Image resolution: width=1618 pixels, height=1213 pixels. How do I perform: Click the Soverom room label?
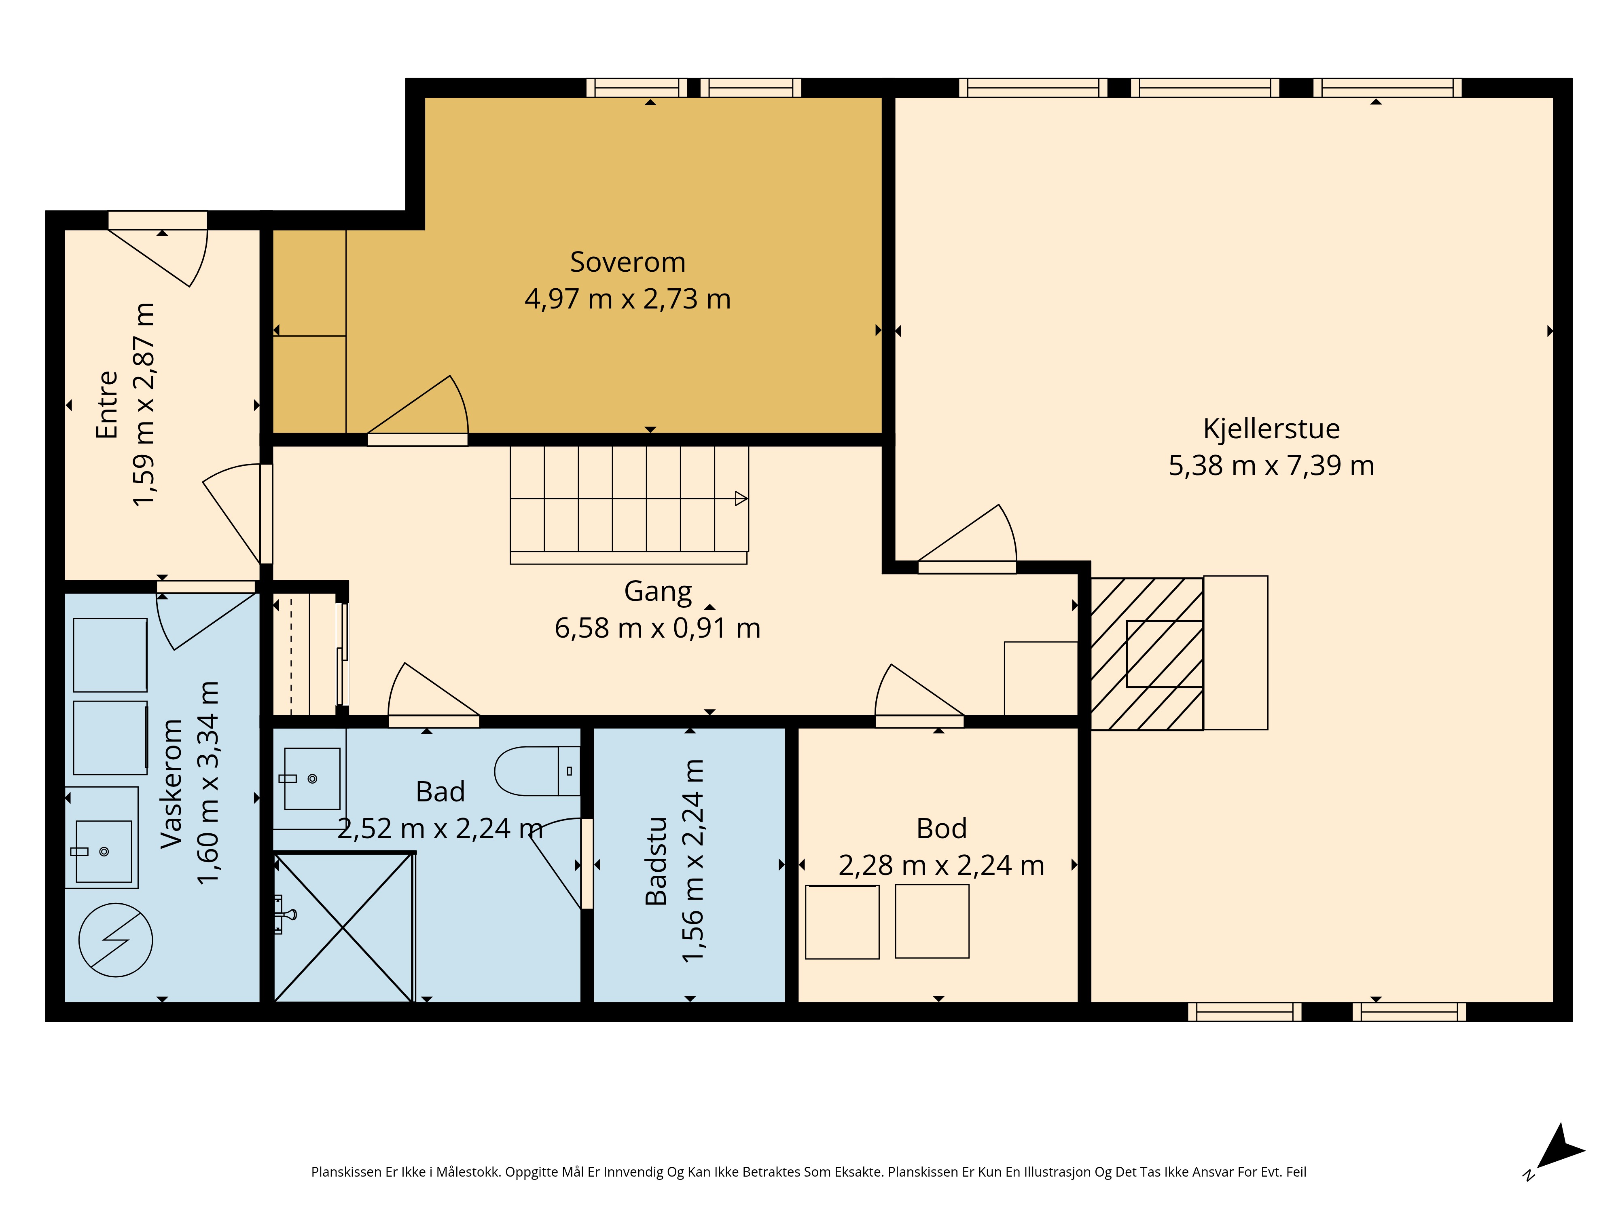tap(628, 262)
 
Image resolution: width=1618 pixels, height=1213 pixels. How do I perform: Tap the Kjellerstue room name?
tap(1271, 429)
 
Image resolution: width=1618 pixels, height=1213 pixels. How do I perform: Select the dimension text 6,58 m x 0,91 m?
tap(658, 628)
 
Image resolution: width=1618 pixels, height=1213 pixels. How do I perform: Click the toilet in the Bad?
tap(538, 771)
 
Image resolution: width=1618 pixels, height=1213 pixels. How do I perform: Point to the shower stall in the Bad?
tap(343, 927)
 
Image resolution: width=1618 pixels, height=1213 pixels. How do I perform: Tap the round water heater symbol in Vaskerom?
tap(116, 940)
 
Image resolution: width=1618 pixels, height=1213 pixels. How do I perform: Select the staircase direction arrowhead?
tap(741, 499)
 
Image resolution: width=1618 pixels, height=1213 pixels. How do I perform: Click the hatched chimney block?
tap(1147, 654)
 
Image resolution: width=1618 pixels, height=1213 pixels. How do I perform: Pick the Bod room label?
tap(941, 828)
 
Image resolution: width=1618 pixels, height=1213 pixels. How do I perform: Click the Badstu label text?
tap(656, 861)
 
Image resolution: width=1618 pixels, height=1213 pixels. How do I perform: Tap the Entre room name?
tap(107, 404)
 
